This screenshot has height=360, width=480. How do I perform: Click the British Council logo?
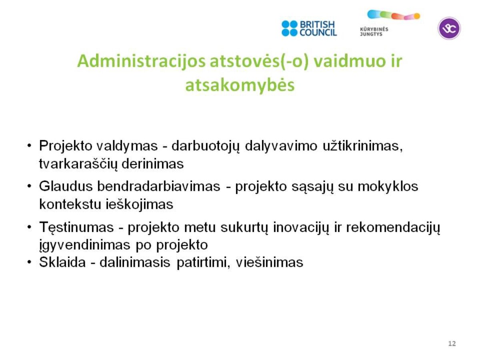(x=309, y=28)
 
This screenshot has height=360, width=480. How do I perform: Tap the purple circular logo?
(x=449, y=28)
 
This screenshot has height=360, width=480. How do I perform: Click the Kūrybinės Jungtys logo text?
(x=374, y=32)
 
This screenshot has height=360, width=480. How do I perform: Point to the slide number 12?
(x=452, y=343)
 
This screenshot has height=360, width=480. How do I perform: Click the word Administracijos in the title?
(x=141, y=61)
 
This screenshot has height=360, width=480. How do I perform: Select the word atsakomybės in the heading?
(x=240, y=85)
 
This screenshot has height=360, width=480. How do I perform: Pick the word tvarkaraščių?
(x=78, y=164)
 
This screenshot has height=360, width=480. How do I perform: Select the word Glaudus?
(x=66, y=186)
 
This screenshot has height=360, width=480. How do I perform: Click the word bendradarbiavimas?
(x=158, y=186)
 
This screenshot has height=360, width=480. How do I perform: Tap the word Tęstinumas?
(x=76, y=227)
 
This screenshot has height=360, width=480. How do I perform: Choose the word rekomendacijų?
(x=393, y=227)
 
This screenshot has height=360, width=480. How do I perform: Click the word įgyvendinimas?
(x=85, y=245)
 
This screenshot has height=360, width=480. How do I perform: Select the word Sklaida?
(x=62, y=262)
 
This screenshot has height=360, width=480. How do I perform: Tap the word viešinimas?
(x=270, y=262)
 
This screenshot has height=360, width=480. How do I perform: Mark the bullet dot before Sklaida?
(x=29, y=262)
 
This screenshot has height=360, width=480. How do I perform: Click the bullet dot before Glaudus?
(x=29, y=186)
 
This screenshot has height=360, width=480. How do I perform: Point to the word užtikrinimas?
(x=362, y=146)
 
